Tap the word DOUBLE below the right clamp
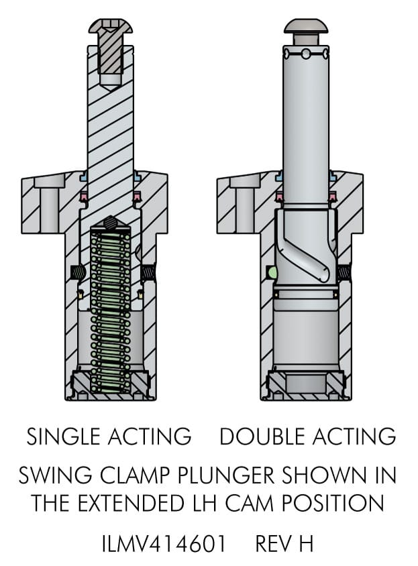tap(256, 437)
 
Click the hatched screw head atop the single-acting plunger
tap(111, 27)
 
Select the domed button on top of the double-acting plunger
tap(306, 26)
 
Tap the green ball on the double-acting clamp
tap(271, 272)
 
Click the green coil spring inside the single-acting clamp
tap(111, 308)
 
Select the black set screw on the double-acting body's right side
tap(346, 272)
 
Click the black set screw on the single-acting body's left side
tap(78, 272)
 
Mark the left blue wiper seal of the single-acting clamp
tap(84, 177)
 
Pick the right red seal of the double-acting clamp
tap(333, 196)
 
